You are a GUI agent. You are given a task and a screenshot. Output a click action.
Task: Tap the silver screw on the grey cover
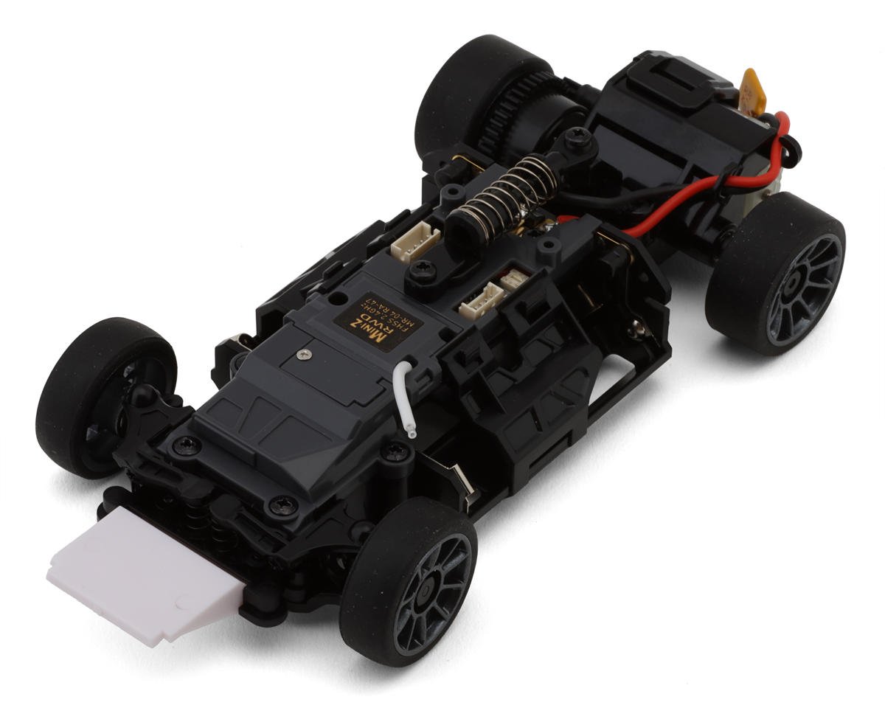(302, 355)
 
